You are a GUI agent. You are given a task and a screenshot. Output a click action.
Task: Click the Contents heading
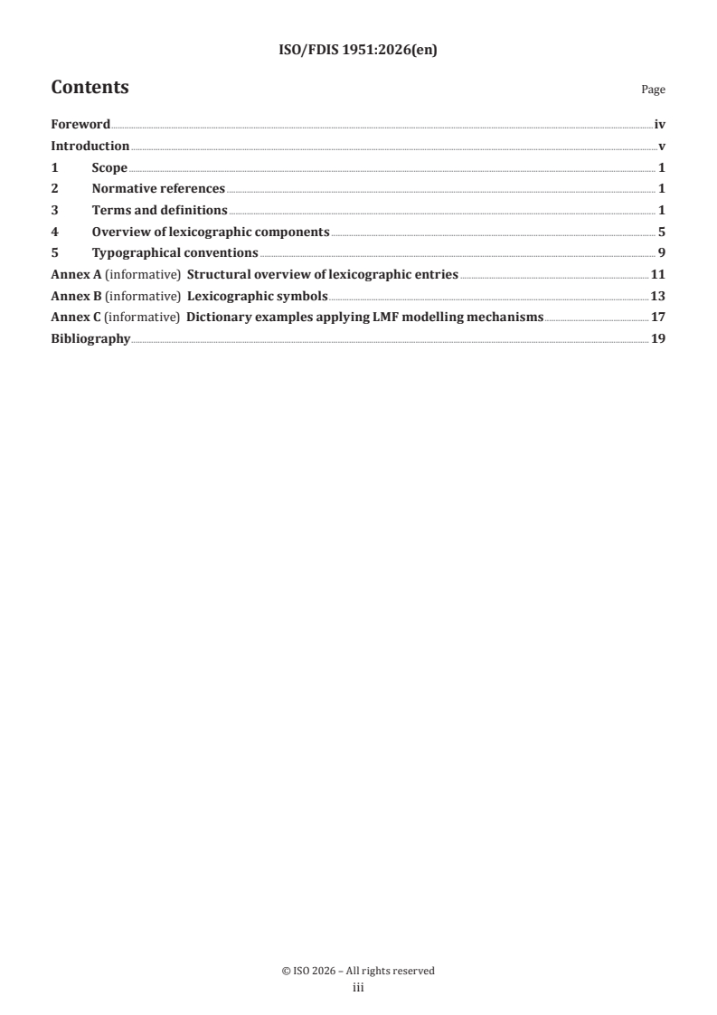click(x=90, y=88)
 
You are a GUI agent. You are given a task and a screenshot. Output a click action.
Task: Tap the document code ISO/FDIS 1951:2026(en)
click(x=358, y=51)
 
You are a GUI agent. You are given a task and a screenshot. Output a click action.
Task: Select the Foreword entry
click(x=80, y=125)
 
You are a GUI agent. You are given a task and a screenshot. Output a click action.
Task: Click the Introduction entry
click(x=90, y=147)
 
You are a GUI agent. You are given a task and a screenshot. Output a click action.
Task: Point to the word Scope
click(x=109, y=167)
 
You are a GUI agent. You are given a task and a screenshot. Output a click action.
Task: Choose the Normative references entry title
click(x=158, y=189)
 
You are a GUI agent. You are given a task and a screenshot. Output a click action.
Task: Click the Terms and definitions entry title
click(x=159, y=210)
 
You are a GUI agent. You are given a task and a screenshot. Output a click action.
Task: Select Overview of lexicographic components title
click(x=210, y=232)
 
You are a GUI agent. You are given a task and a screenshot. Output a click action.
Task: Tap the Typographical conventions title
click(x=175, y=252)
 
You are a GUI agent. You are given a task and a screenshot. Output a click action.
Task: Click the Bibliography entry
click(x=90, y=338)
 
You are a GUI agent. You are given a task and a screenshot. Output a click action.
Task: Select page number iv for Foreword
click(x=660, y=125)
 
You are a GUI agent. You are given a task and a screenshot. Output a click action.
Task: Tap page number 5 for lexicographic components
click(x=662, y=232)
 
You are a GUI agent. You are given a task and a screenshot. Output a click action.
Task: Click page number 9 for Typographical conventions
click(x=662, y=252)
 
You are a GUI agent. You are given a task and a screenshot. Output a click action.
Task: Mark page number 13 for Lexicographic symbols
click(x=658, y=296)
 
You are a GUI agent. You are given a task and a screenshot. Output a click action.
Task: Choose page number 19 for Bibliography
click(x=658, y=338)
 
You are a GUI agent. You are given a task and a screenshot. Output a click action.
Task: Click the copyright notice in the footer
click(x=358, y=971)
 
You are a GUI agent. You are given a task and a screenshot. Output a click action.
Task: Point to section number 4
click(x=54, y=232)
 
